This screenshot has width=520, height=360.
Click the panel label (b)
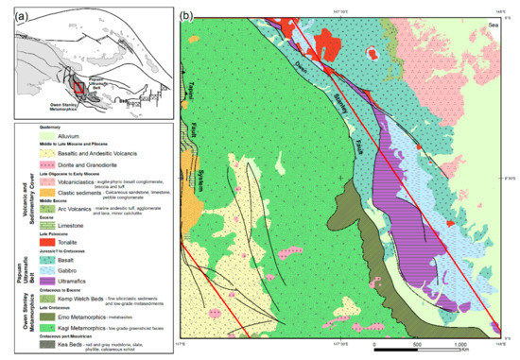coord(186,16)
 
